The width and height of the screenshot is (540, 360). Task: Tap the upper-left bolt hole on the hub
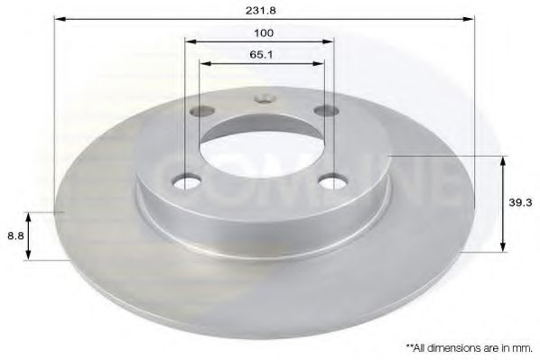(201, 113)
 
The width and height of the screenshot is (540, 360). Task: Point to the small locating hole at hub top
(263, 99)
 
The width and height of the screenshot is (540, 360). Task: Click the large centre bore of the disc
(262, 149)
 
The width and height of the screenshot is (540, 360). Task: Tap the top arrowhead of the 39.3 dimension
(501, 160)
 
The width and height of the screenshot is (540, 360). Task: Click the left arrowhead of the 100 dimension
(190, 41)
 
